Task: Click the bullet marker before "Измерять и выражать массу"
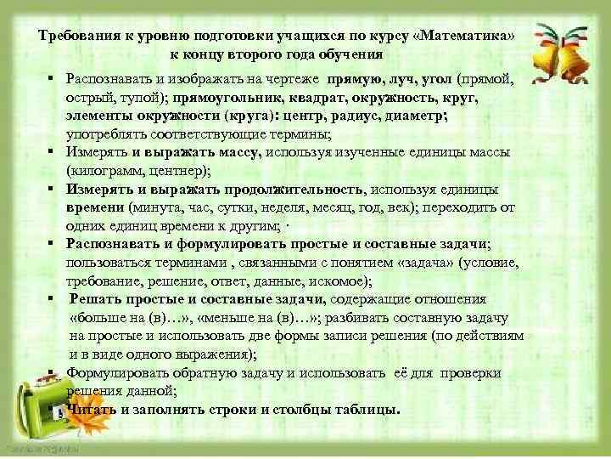(52, 152)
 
